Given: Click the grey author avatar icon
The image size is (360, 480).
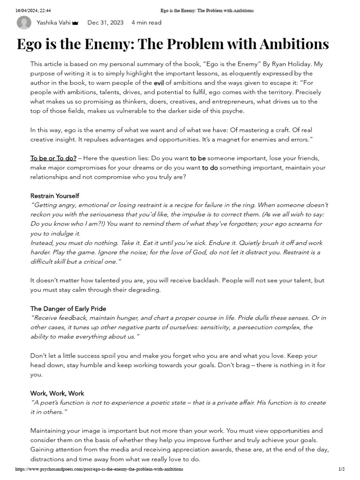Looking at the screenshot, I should click(x=24, y=22).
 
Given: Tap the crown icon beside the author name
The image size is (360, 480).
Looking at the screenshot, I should click(x=75, y=23).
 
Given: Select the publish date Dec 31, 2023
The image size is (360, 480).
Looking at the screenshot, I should click(x=105, y=22).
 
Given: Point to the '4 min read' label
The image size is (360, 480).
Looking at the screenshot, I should click(x=146, y=22).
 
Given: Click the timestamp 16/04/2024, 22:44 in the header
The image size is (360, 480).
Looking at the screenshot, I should click(x=33, y=10).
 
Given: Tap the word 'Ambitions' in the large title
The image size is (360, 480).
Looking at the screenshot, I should click(x=287, y=44).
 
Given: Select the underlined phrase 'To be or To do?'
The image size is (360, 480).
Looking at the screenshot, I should click(x=53, y=158).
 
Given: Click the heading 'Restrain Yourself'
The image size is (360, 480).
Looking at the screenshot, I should click(x=55, y=195).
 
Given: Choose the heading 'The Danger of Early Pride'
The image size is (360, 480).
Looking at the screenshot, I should click(x=68, y=308).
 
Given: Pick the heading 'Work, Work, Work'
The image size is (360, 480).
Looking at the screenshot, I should click(x=57, y=393).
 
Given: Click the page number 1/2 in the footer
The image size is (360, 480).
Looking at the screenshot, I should click(x=341, y=469).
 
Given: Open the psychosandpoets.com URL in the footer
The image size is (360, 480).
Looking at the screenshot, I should click(x=99, y=469).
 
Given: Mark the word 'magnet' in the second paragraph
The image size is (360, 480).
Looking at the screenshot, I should click(x=228, y=139).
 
